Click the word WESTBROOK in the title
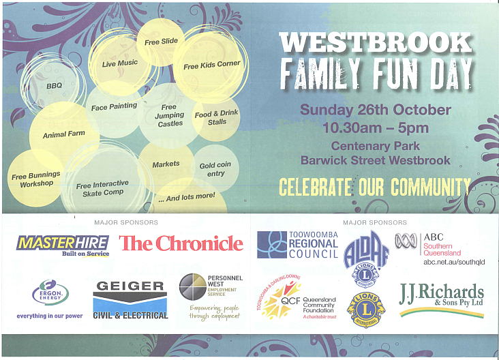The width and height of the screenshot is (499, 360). click(376, 42)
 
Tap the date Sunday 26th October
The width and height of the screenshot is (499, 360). click(376, 110)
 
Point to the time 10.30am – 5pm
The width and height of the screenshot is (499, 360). click(376, 127)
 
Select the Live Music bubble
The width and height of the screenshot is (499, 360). click(120, 63)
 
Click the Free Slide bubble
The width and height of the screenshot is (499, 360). click(161, 42)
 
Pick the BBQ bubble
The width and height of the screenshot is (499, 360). click(54, 87)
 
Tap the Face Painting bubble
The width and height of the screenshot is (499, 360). click(114, 106)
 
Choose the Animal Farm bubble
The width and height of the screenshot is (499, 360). click(64, 134)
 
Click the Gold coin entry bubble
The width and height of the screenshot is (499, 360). click(215, 169)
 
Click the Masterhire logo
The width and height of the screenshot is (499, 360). click(63, 244)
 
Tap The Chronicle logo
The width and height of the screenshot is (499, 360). click(181, 243)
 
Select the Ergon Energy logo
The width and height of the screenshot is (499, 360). click(50, 298)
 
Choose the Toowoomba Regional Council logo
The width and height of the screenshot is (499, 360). click(297, 245)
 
